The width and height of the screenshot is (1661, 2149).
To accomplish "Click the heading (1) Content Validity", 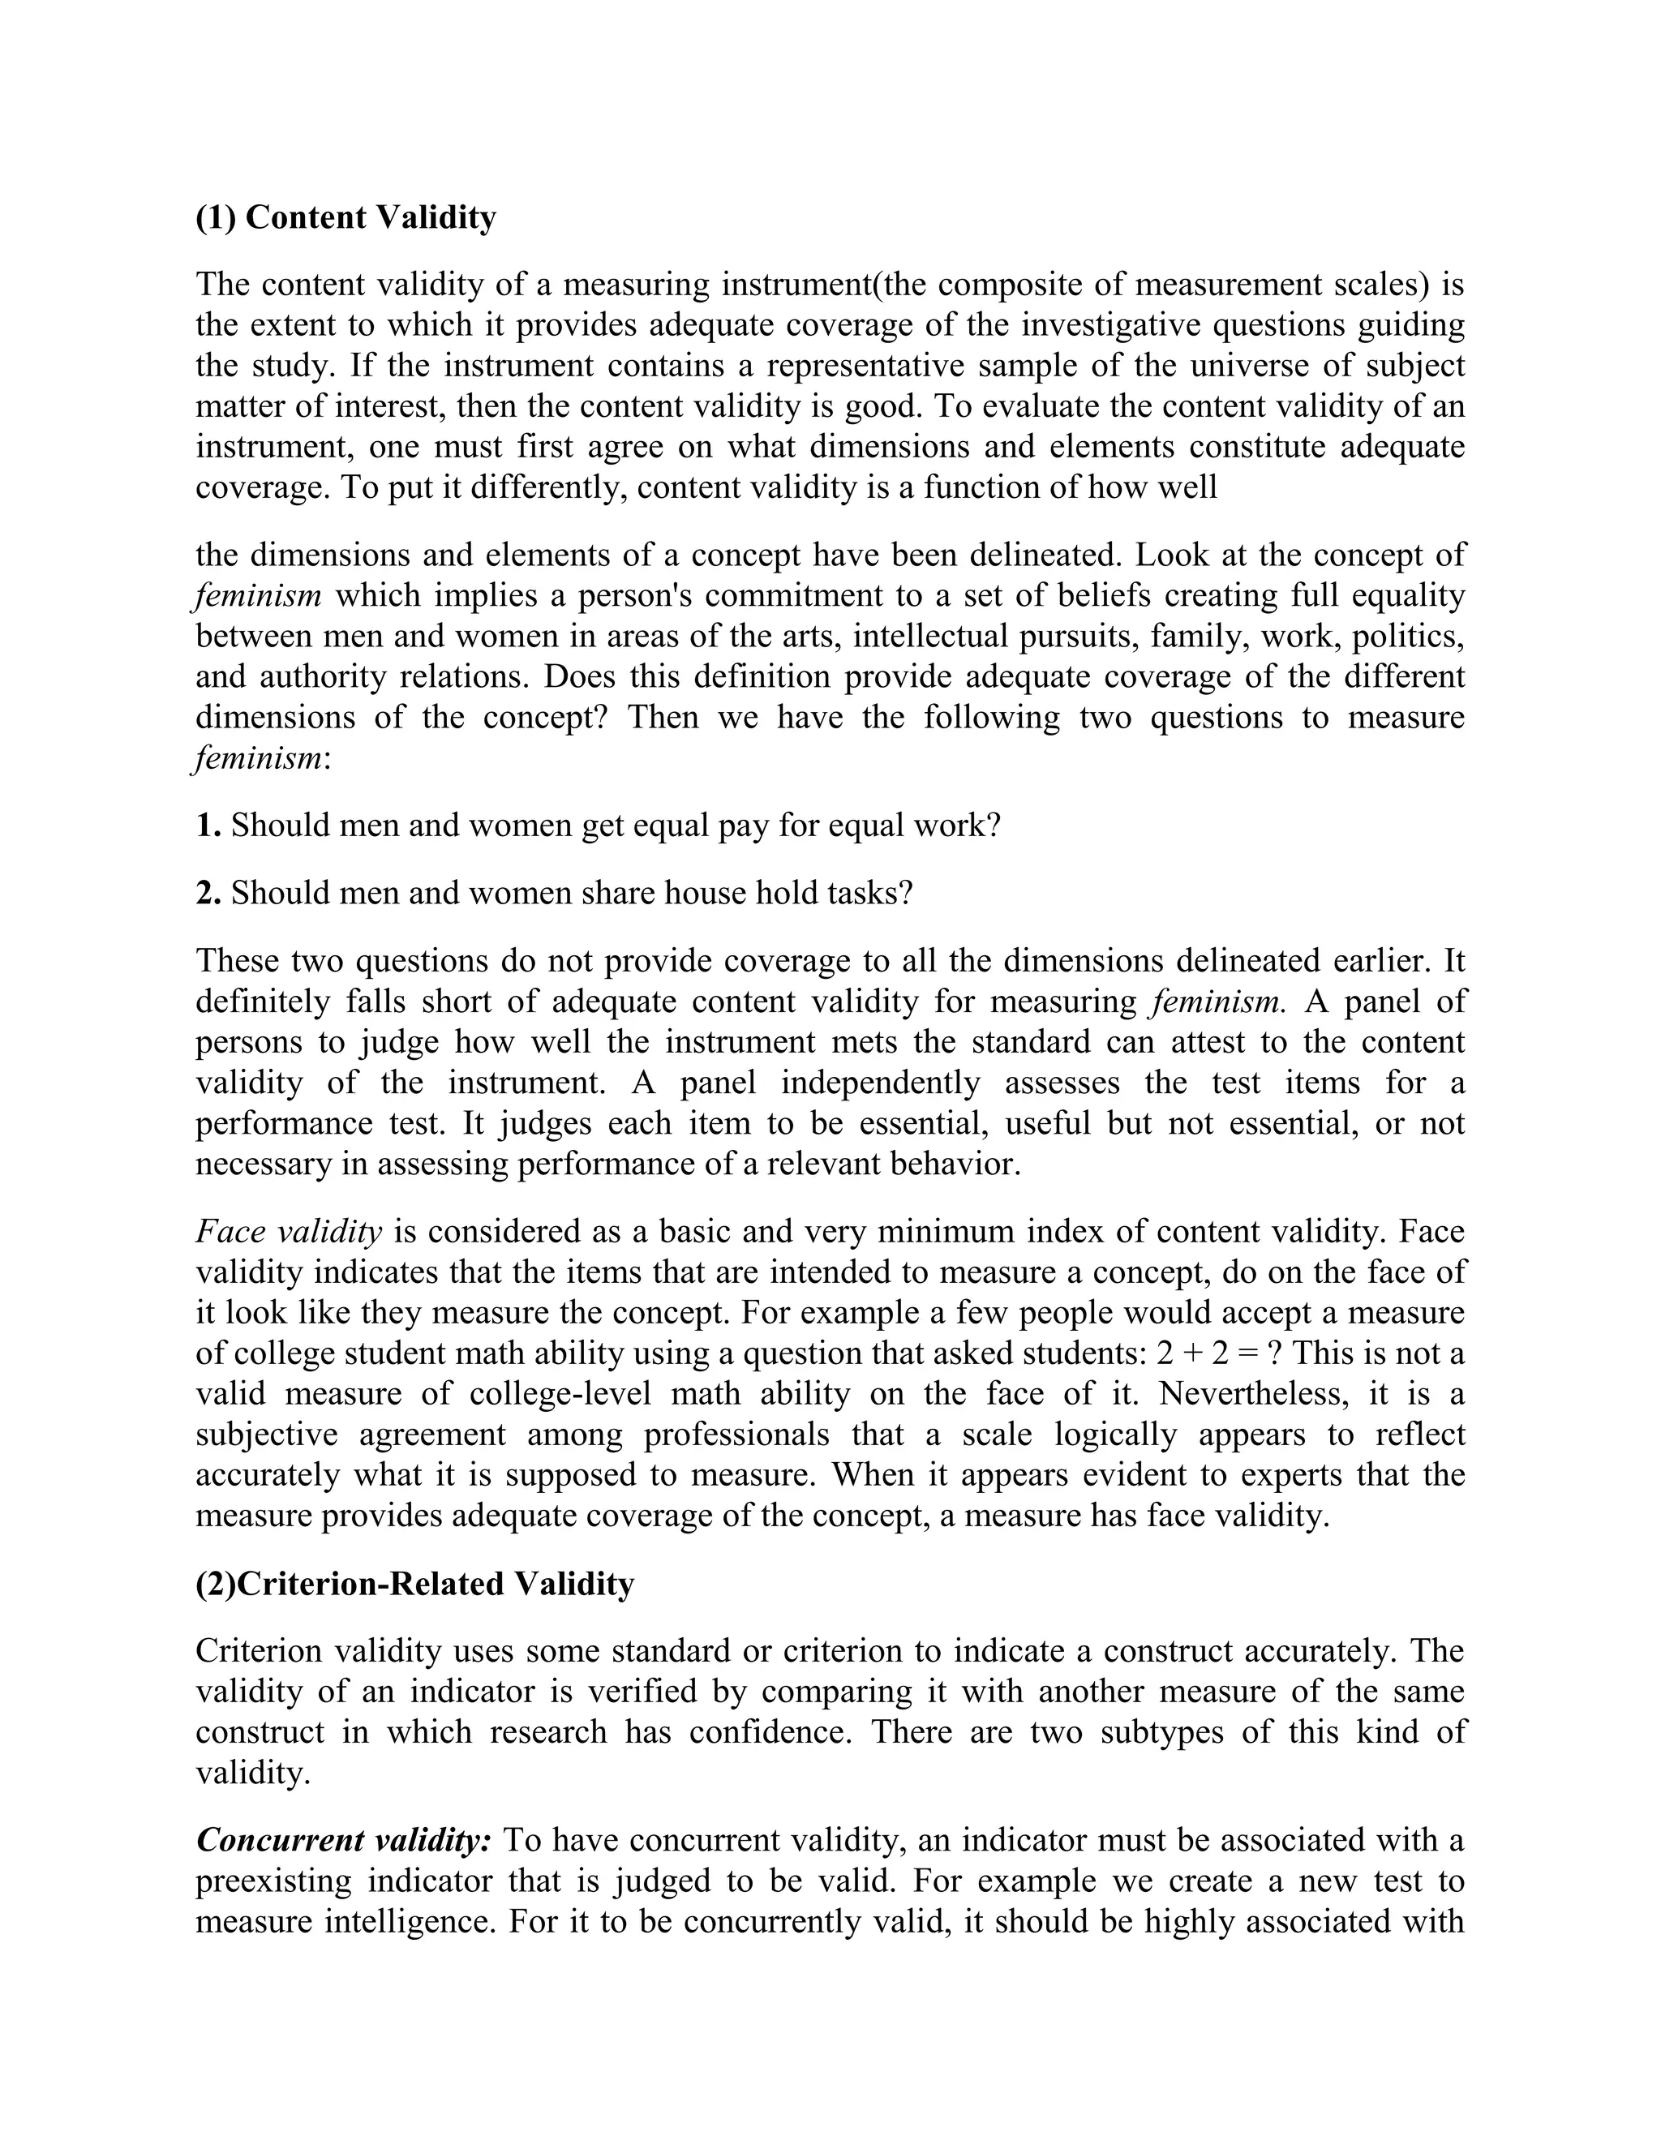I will pyautogui.click(x=346, y=217).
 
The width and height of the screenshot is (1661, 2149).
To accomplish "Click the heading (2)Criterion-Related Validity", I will pyautogui.click(x=414, y=1583).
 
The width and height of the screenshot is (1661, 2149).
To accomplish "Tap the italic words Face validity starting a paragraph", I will pyautogui.click(x=288, y=1231).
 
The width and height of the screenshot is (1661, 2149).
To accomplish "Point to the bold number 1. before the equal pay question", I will pyautogui.click(x=208, y=825).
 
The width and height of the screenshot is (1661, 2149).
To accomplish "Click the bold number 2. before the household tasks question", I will pyautogui.click(x=208, y=893).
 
